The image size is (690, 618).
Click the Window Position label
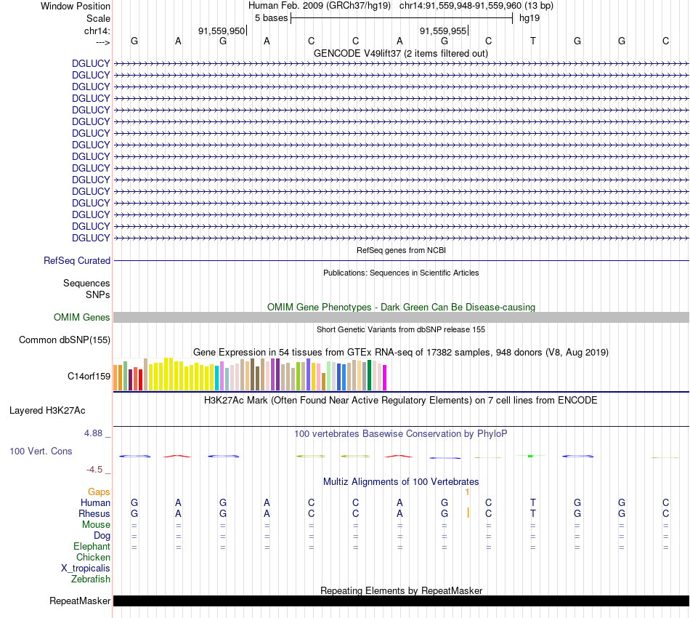(x=76, y=6)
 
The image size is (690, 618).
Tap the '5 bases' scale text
(x=271, y=17)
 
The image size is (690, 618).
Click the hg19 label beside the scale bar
(x=529, y=17)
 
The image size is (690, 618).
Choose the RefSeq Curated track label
(x=77, y=260)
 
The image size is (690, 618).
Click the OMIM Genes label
(x=82, y=317)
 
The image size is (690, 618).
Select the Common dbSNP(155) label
(x=65, y=340)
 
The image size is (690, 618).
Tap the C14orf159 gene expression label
(x=89, y=376)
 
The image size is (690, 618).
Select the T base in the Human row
(x=533, y=502)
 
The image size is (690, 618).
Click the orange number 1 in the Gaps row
(x=468, y=491)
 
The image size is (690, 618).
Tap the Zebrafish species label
(x=91, y=579)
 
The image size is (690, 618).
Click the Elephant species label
(x=92, y=546)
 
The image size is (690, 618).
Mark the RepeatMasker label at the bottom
(x=80, y=601)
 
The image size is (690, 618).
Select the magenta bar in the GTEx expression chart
(x=384, y=377)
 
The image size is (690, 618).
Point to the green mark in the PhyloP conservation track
(x=531, y=456)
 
